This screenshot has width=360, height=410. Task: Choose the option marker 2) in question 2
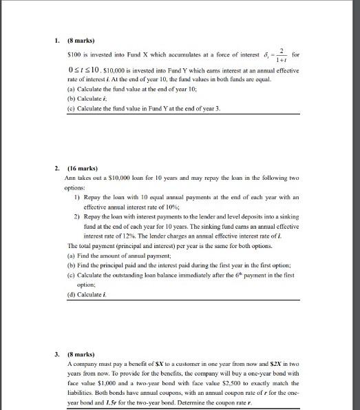pos(76,215)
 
